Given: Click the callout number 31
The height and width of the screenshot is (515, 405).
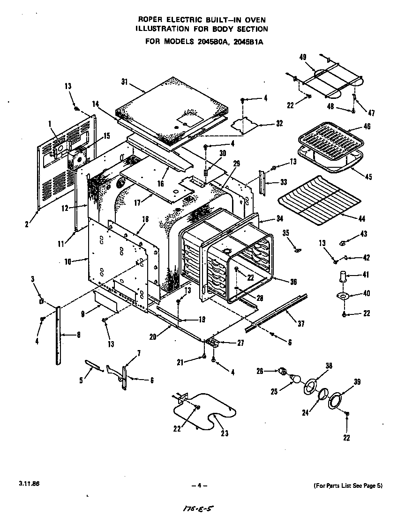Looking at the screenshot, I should pyautogui.click(x=124, y=82).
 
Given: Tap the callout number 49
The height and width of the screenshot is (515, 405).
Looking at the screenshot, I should pyautogui.click(x=302, y=57).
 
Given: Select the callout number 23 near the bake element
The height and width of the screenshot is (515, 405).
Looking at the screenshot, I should pyautogui.click(x=225, y=433).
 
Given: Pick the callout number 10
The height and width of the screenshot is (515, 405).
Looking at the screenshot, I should pyautogui.click(x=68, y=261).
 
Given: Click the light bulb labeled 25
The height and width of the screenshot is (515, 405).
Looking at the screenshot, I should pyautogui.click(x=295, y=377).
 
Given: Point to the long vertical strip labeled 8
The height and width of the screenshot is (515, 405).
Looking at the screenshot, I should pyautogui.click(x=58, y=335).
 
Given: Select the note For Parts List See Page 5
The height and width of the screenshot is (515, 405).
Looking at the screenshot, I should pyautogui.click(x=348, y=485).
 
